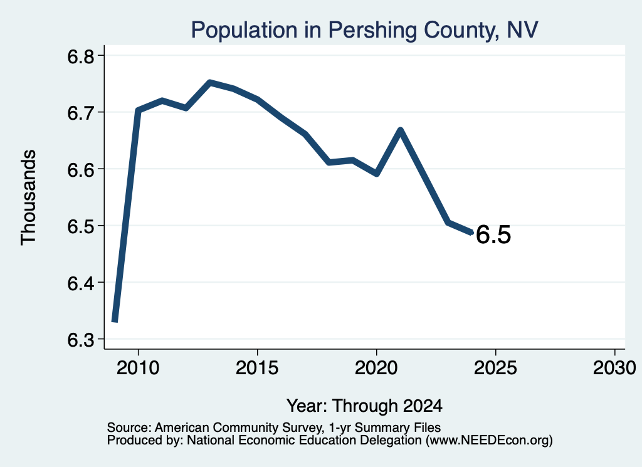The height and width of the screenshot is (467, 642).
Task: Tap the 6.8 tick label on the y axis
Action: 81,56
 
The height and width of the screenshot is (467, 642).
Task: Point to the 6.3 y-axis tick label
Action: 81,340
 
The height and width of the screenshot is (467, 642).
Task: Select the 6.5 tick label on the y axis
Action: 81,226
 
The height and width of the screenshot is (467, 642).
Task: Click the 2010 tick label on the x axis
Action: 138,368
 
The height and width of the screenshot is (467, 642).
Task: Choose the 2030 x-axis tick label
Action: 614,368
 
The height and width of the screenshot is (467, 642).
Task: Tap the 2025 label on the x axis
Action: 495,368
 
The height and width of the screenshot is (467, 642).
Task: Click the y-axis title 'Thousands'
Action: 29,197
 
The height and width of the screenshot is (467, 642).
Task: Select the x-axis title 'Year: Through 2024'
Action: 364,406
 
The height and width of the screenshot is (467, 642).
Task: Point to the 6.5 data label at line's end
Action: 493,235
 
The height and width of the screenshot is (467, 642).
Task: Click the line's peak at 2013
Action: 209,83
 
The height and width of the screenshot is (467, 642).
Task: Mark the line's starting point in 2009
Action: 115,321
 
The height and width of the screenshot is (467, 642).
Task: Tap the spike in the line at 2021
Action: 401,130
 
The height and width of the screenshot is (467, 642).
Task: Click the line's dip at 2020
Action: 377,174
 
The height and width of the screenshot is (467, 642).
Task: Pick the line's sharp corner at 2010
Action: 138,110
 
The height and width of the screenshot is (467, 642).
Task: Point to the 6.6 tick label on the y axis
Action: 81,170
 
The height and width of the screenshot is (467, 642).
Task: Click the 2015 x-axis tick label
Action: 257,368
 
